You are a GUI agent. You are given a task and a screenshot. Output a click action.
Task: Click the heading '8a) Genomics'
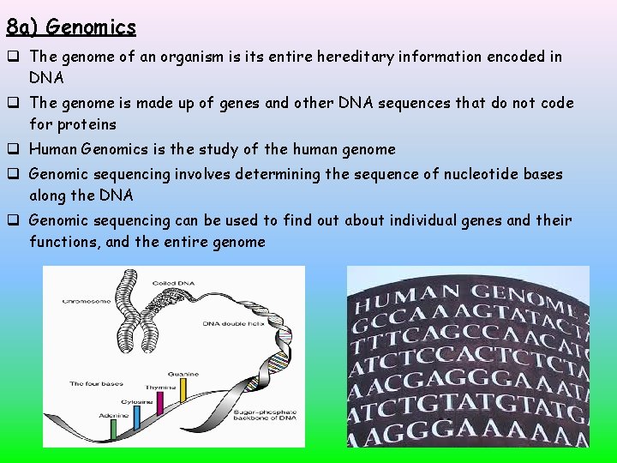tap(71, 27)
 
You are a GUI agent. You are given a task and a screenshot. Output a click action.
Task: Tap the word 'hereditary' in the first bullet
tap(361, 57)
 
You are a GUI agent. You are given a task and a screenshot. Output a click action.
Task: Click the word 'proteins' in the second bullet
tap(86, 124)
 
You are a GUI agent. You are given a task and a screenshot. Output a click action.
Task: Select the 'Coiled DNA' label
tap(172, 283)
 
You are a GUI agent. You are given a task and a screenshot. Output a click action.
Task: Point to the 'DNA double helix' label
tap(231, 324)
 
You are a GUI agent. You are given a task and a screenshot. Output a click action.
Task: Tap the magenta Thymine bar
tap(161, 402)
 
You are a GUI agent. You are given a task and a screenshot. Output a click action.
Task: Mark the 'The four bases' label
tap(97, 383)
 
